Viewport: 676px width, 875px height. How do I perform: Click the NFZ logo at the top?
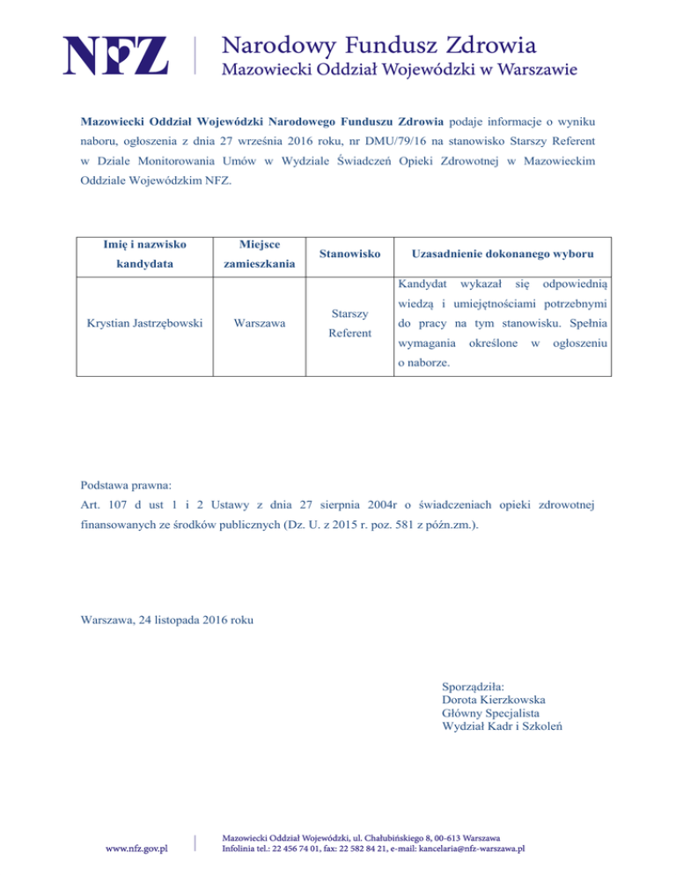click(x=114, y=55)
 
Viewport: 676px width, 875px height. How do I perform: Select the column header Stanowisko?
click(x=349, y=254)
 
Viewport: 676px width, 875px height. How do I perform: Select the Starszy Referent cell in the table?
click(x=349, y=323)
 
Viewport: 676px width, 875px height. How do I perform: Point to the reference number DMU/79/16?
click(x=389, y=139)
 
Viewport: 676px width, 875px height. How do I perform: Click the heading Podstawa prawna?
click(x=127, y=485)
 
